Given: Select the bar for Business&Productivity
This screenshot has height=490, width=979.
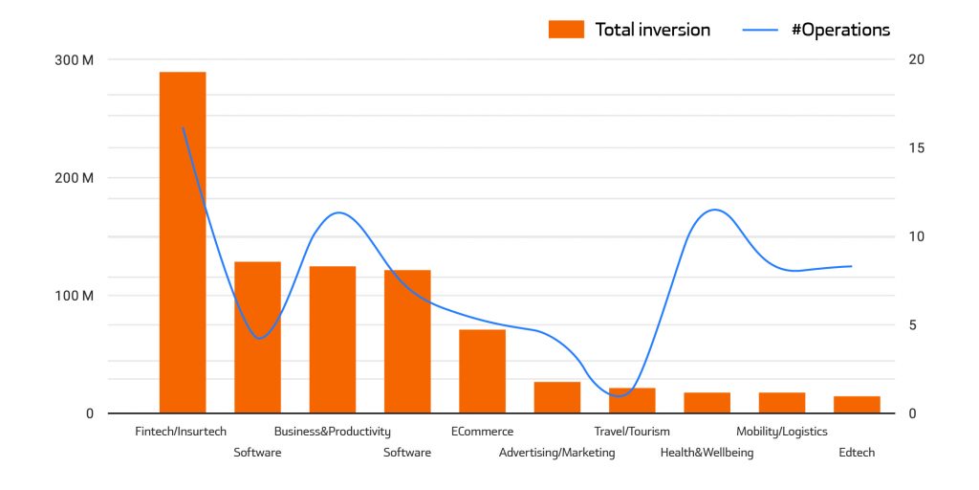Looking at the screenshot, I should [332, 340].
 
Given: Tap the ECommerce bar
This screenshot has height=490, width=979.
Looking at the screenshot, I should [482, 371].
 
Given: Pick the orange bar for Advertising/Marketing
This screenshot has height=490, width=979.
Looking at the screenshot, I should [556, 397].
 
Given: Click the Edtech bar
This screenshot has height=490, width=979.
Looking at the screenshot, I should [857, 405].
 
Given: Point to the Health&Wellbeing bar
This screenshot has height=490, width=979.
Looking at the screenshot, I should [707, 403].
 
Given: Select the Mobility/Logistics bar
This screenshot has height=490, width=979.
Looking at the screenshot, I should [782, 403].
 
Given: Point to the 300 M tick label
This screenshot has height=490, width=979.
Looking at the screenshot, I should [75, 59].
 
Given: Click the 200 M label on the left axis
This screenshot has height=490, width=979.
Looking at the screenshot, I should [75, 178].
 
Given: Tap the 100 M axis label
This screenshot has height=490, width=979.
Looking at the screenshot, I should [75, 296].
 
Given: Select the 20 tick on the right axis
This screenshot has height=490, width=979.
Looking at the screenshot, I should [917, 59].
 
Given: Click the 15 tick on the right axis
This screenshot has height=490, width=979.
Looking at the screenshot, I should [916, 148].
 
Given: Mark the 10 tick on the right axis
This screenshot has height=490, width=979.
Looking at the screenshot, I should [916, 236].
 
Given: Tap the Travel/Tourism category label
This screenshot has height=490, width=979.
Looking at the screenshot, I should [632, 432].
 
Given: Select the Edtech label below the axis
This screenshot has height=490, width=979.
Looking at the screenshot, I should [857, 453].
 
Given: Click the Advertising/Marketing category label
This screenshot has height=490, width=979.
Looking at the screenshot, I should [556, 453].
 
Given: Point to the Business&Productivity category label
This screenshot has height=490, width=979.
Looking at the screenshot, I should [332, 432].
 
